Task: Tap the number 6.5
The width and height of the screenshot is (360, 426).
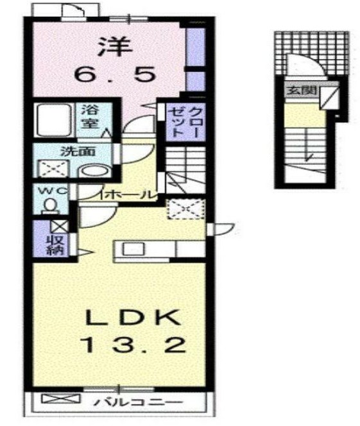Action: (x=114, y=75)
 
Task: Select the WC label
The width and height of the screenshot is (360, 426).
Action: (x=49, y=191)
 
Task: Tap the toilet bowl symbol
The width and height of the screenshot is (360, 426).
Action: (x=49, y=205)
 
